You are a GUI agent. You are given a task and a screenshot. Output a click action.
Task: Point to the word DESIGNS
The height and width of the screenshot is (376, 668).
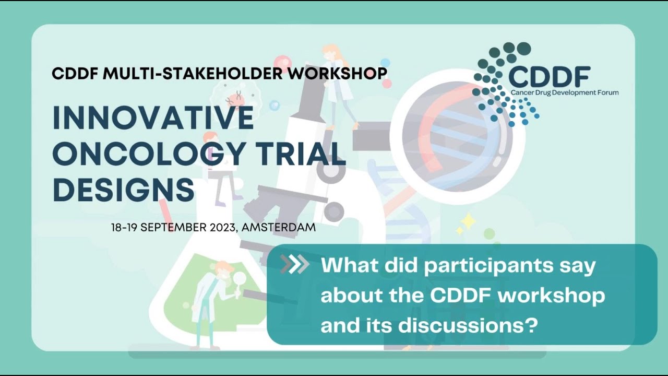click(124, 190)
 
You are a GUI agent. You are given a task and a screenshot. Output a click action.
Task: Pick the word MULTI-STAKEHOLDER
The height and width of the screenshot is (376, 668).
click(194, 73)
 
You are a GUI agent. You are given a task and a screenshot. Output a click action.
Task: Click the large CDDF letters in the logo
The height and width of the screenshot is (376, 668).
click(548, 77)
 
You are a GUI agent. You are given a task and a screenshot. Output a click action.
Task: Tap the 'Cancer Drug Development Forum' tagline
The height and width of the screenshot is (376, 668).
click(564, 92)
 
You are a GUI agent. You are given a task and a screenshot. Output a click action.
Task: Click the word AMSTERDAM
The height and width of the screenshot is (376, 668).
click(279, 228)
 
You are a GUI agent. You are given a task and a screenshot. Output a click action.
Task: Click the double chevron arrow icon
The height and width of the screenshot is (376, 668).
click(294, 265)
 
